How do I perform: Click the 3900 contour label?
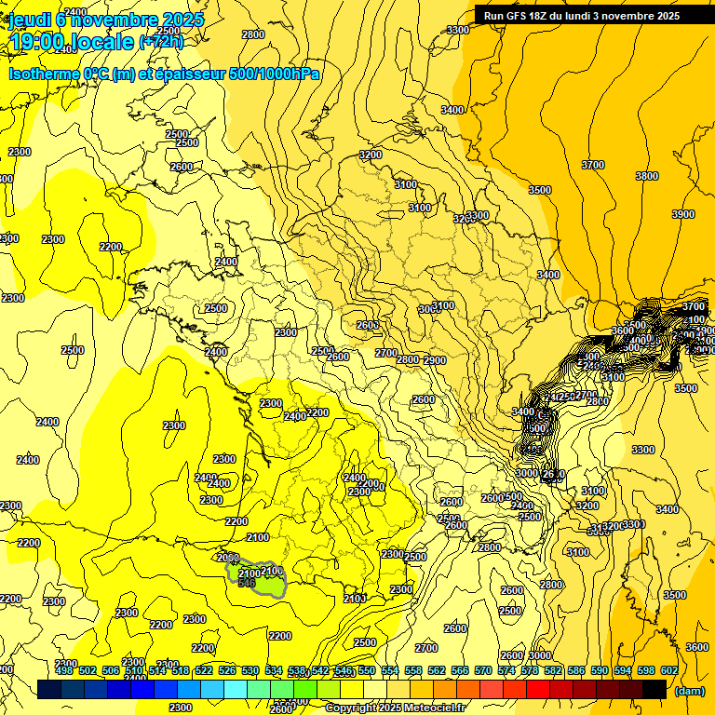[682, 214]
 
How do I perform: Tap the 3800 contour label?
[646, 176]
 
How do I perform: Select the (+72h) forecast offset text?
[161, 41]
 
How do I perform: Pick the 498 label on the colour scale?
[63, 670]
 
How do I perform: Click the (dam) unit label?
[688, 692]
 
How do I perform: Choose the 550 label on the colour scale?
[367, 670]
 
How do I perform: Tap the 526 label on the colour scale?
[227, 670]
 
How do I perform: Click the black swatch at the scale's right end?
[654, 689]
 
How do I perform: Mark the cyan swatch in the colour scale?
[236, 689]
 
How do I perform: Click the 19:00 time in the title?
[36, 42]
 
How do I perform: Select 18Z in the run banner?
[548, 15]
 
